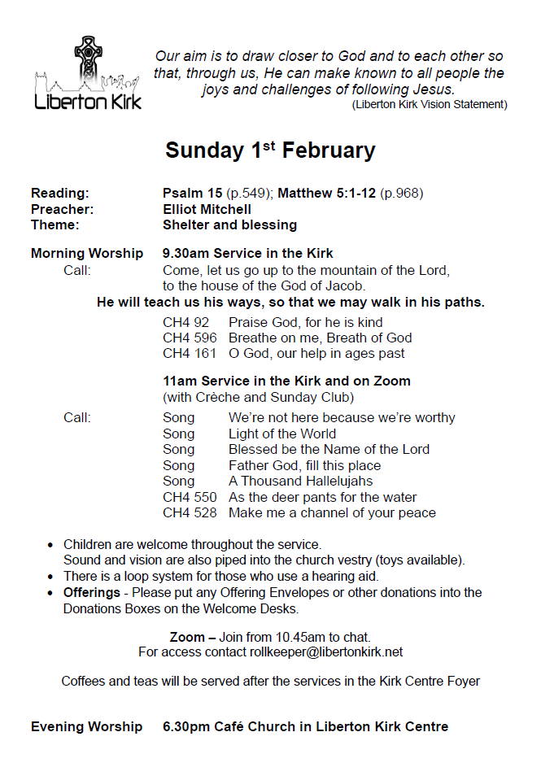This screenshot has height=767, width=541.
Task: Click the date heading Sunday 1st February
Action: coord(270,150)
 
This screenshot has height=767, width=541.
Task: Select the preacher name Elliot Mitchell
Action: coord(207,209)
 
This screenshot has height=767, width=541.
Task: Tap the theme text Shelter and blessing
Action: coord(229,224)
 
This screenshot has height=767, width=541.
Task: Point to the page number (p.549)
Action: coord(252,193)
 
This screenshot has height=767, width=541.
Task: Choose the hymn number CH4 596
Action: coord(190,338)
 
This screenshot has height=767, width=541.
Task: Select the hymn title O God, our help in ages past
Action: coord(316,353)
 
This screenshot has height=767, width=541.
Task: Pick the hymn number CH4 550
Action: coord(190,497)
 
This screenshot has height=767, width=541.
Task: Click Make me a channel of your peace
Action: coord(332,512)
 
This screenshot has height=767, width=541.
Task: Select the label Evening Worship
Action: coord(86,726)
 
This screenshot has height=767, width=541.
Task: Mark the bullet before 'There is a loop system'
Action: coord(51,577)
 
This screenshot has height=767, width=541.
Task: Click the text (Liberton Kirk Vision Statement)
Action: coord(430,104)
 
